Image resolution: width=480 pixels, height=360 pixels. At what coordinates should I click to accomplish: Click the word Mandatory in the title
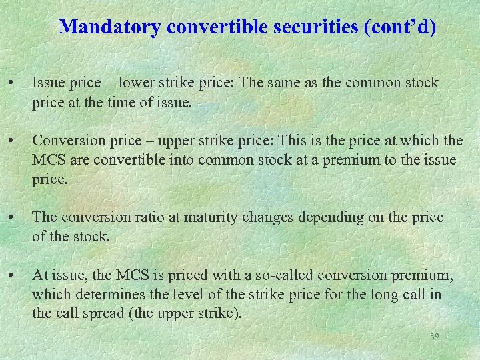111,27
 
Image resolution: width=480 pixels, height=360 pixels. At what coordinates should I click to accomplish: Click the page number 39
434,337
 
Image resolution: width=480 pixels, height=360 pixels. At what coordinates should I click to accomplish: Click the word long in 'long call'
379,294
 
